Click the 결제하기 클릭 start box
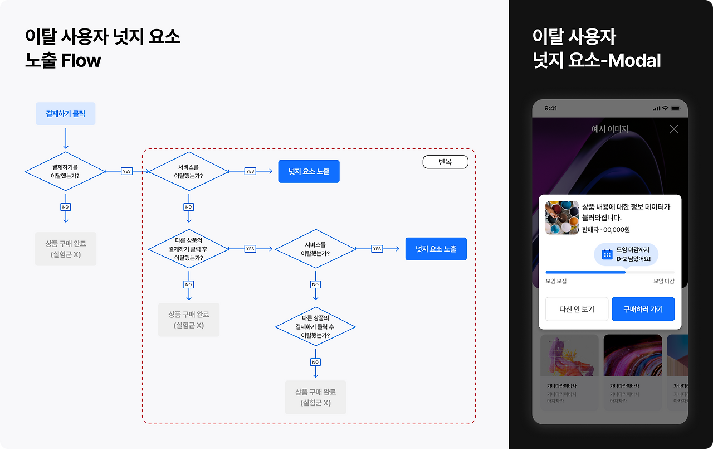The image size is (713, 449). (x=65, y=114)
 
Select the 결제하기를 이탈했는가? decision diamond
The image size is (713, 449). (x=65, y=171)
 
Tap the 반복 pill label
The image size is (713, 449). (x=445, y=162)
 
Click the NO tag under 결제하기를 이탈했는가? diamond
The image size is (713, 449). (x=65, y=207)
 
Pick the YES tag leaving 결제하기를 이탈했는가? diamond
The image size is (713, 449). (x=126, y=171)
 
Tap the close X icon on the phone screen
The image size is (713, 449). (x=674, y=129)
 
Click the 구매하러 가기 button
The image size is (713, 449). (x=643, y=309)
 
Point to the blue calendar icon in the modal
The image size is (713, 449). (x=607, y=254)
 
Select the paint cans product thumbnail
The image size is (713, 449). (x=561, y=218)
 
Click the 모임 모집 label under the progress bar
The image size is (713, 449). (x=556, y=281)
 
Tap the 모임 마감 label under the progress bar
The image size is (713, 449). (x=664, y=281)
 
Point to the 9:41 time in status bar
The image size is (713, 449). (x=550, y=108)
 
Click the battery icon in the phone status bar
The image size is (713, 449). (x=676, y=108)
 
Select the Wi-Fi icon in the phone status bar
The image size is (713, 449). (x=665, y=108)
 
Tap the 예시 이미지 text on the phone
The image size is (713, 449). (x=610, y=129)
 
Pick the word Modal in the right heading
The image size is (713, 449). (x=634, y=60)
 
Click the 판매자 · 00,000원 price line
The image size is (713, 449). (x=606, y=230)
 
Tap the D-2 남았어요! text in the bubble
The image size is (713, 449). (x=633, y=259)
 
